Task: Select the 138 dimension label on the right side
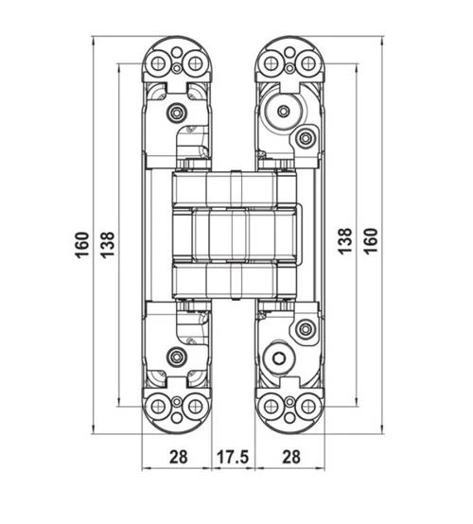pos(345,243)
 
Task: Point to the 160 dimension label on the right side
pos(371,243)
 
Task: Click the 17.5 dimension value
pos(232,457)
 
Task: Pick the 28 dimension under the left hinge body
pos(178,457)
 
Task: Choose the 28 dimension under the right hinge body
pos(291,457)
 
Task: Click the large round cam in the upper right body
pos(282,113)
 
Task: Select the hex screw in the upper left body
pos(175,114)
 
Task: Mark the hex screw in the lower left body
pos(175,357)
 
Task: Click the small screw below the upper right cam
pos(305,139)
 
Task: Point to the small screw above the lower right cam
pos(305,330)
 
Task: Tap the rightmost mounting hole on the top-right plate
pos(307,63)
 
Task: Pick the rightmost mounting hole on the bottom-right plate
pos(307,407)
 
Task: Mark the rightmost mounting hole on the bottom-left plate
pos(195,407)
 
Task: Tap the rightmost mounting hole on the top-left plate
pos(195,63)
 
